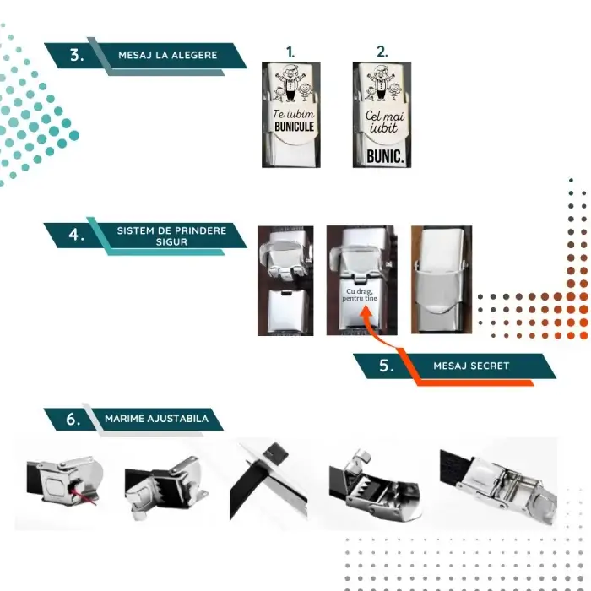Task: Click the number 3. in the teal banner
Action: (77, 56)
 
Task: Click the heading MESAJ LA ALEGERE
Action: (167, 55)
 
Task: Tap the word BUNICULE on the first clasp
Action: (294, 127)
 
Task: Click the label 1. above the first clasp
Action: (291, 52)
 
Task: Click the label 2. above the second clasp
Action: (382, 52)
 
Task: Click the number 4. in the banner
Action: (77, 235)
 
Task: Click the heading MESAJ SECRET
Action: (482, 366)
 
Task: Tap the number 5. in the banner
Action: (388, 366)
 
